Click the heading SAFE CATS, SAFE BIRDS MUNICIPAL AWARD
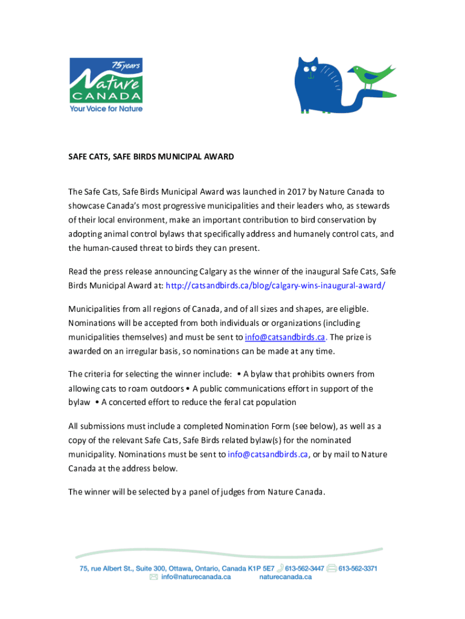click(x=150, y=157)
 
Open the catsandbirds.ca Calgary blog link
click(x=275, y=286)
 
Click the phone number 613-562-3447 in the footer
click(x=305, y=568)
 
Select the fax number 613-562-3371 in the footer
click(x=358, y=568)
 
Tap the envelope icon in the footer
click(x=153, y=577)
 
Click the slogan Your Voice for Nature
click(x=106, y=109)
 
